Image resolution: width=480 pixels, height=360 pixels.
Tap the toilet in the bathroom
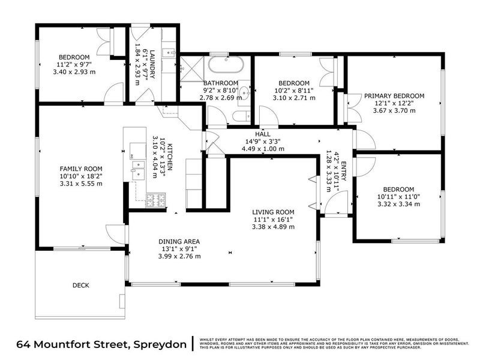(241, 116)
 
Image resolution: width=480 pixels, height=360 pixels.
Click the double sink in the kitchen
(137, 167)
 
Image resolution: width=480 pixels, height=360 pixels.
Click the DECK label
(81, 286)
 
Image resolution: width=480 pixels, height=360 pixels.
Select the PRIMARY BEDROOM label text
(394, 96)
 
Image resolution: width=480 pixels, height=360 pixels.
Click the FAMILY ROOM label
(80, 169)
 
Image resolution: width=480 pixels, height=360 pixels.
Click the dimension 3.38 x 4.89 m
(273, 227)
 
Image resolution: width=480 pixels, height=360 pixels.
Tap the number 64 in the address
(24, 344)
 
